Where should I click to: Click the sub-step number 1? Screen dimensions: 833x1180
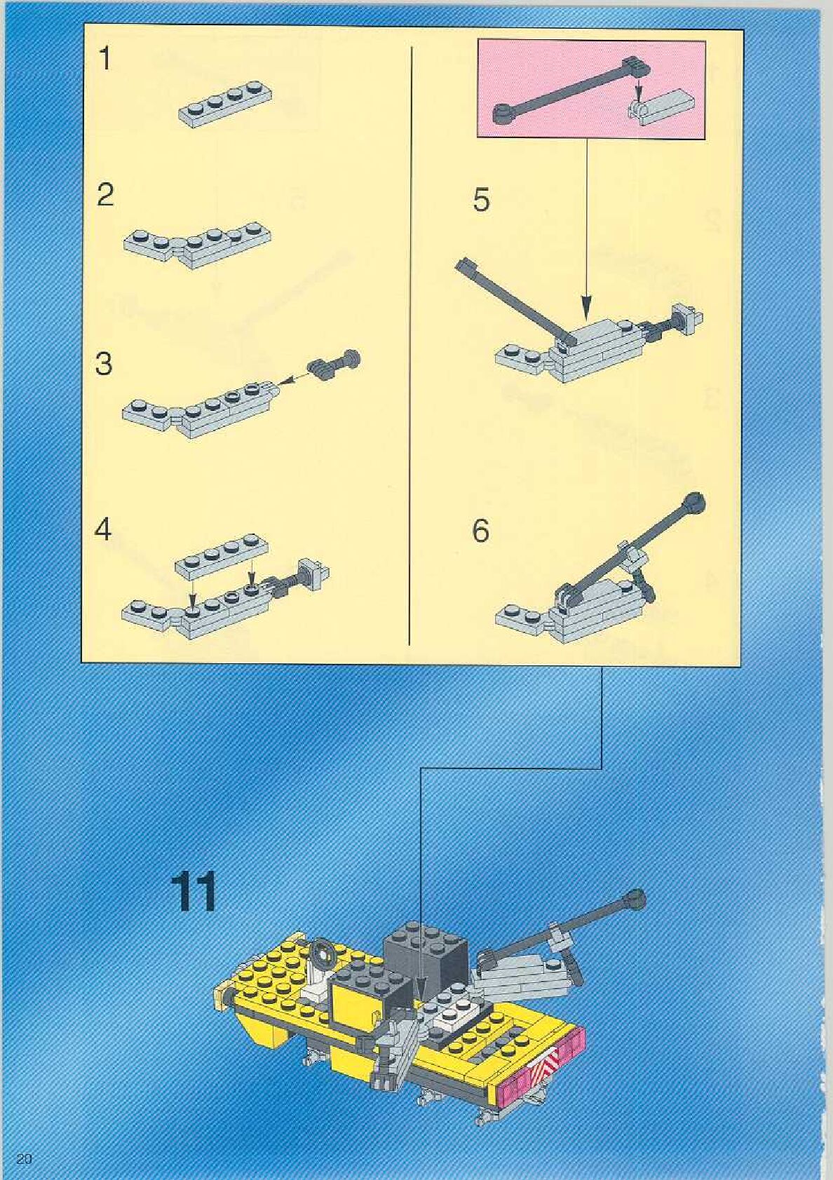click(x=106, y=58)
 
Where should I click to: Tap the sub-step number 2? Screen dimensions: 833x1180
click(x=105, y=196)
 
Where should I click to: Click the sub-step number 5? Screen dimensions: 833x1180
click(x=481, y=201)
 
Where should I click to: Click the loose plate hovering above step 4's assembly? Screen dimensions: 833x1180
click(x=222, y=557)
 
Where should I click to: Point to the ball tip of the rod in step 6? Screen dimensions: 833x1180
click(x=694, y=503)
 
